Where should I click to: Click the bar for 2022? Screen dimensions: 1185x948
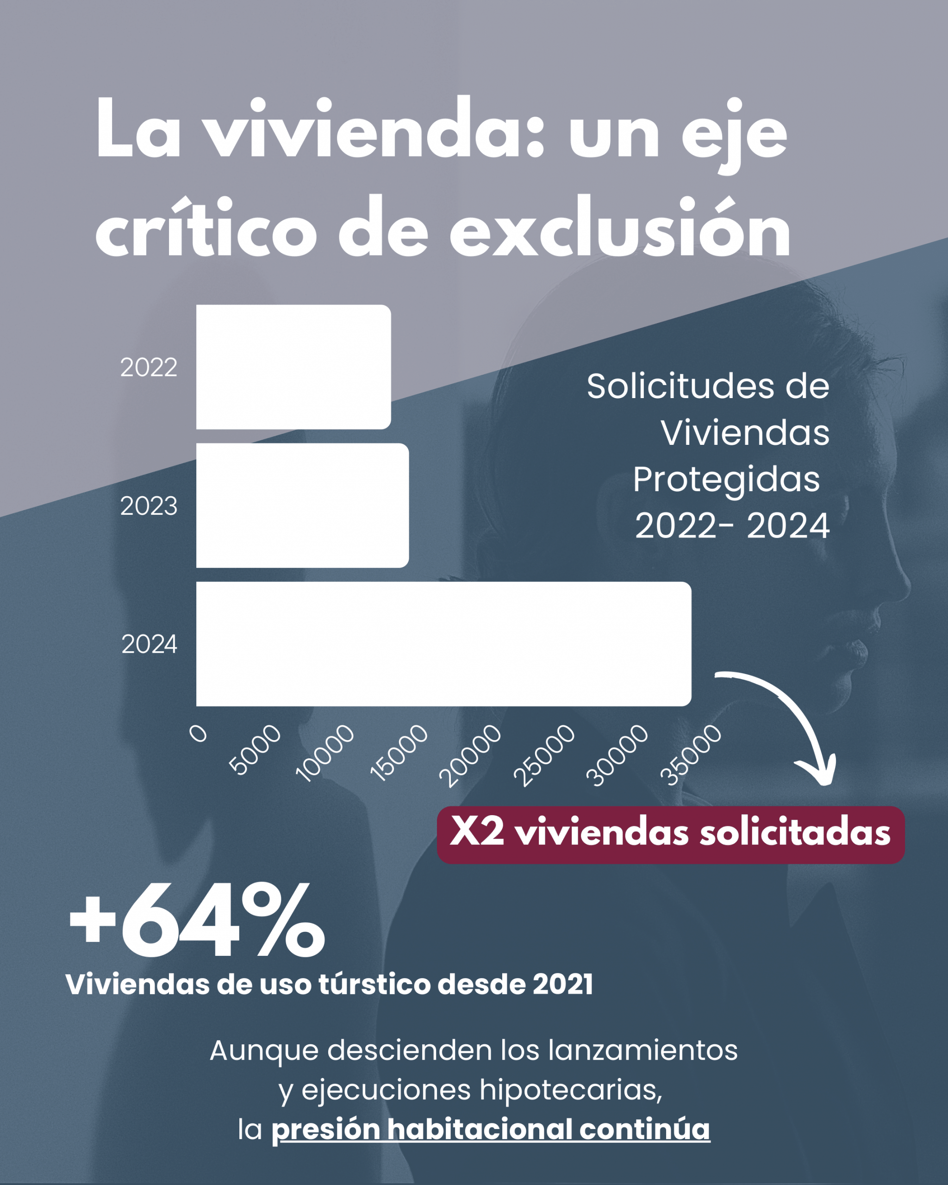coord(293,367)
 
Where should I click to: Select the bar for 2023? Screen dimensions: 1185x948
coord(302,505)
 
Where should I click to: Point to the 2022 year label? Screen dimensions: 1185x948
coord(149,367)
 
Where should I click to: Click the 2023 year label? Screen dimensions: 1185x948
coord(149,505)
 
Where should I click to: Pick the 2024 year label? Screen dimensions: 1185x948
coord(149,644)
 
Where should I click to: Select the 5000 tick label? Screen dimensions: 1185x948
coord(255,749)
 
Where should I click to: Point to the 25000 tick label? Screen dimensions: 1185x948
coord(544,755)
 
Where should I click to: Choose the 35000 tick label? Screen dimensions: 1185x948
coord(691,755)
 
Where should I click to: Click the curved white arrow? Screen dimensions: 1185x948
coord(792,720)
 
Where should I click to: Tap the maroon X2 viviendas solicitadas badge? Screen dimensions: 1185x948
coord(670,834)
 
